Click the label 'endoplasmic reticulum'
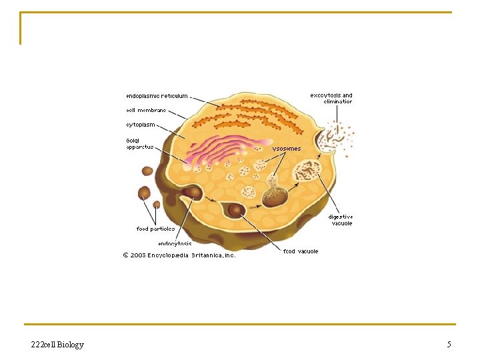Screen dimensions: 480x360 click(157, 96)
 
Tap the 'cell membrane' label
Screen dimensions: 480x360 click(146, 110)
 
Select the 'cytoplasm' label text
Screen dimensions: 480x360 click(141, 124)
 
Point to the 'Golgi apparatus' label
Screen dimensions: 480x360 click(140, 143)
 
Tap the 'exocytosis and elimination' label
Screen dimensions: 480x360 click(331, 98)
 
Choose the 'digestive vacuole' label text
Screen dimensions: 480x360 click(340, 219)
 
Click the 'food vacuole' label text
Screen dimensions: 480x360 click(301, 251)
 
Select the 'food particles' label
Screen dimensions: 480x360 click(155, 229)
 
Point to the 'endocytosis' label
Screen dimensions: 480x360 click(175, 243)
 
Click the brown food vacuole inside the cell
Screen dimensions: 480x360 click(235, 210)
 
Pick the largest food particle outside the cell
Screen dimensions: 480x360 click(144, 193)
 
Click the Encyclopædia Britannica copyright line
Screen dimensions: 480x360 click(179, 255)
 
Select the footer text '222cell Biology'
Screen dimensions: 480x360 click(57, 345)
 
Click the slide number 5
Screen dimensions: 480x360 click(449, 345)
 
